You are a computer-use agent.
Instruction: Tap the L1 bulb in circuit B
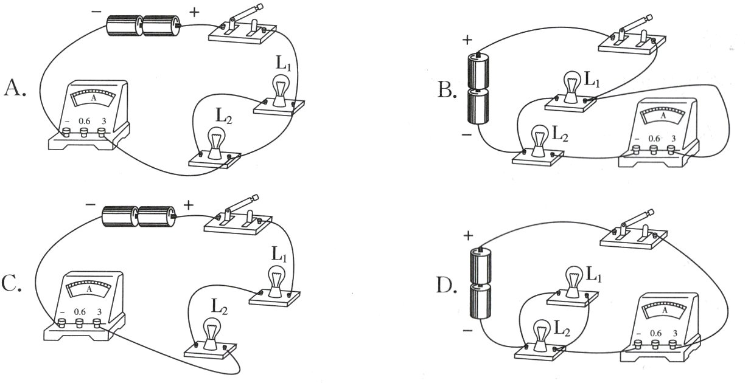[571, 86]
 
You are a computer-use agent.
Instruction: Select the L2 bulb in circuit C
[211, 333]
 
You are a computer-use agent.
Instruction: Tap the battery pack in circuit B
[479, 89]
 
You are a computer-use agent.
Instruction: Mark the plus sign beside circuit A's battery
[195, 12]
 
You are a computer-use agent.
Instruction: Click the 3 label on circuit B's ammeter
[672, 138]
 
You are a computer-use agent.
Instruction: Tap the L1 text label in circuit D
[595, 275]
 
